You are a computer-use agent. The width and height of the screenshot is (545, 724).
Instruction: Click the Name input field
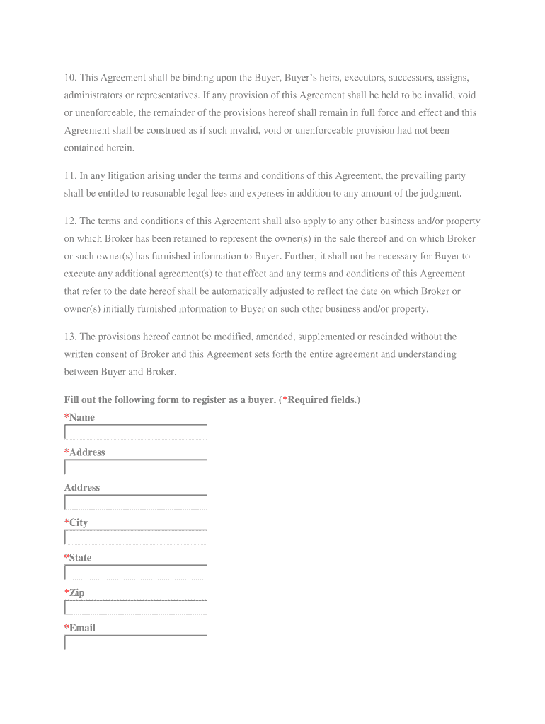[135, 432]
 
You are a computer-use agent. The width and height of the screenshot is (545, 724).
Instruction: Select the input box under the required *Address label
[135, 467]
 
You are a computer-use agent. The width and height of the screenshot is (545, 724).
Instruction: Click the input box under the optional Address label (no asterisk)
[135, 503]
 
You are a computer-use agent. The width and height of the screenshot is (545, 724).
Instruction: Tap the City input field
[135, 537]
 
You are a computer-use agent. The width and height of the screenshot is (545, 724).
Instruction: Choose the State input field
[135, 573]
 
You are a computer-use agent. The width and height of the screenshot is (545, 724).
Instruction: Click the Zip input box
[135, 607]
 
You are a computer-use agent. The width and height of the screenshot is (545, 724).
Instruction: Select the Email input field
[135, 643]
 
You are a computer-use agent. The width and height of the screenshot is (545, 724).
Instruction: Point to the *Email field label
[80, 628]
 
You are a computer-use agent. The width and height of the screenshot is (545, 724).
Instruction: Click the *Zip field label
[74, 592]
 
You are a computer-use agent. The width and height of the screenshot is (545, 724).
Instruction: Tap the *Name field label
[79, 417]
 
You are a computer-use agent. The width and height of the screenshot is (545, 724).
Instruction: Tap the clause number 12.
[70, 221]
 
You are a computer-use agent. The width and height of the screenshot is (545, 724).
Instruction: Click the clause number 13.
[70, 337]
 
